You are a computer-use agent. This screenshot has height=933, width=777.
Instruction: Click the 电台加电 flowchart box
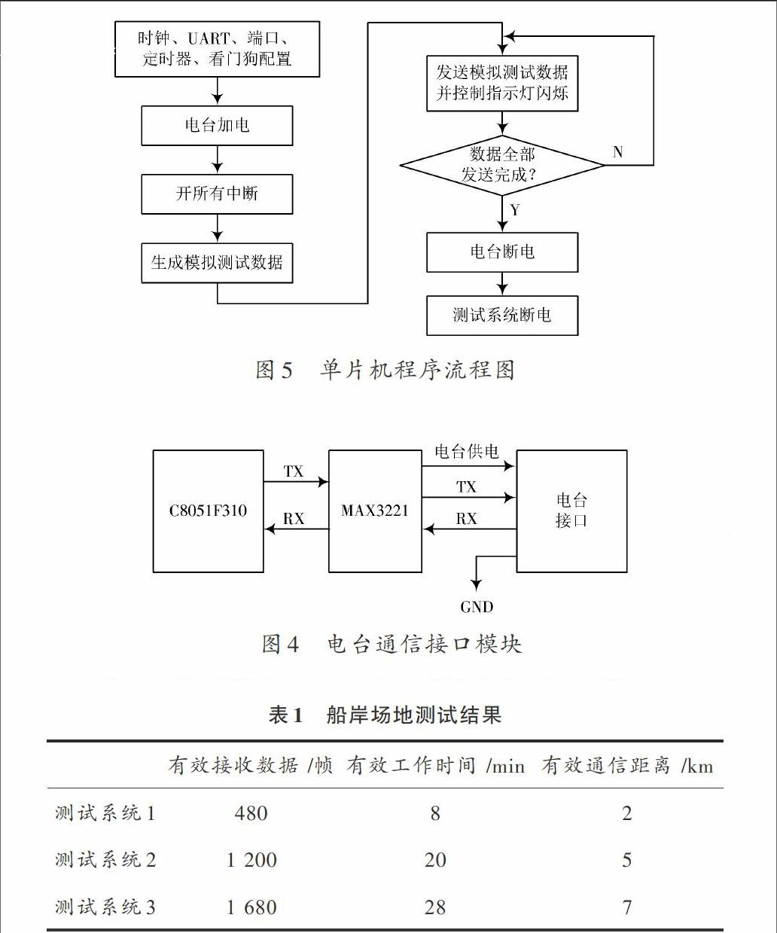pos(217,126)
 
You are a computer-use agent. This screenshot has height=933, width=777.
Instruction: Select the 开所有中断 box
pos(217,194)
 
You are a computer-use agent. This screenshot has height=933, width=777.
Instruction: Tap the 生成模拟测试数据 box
pos(217,263)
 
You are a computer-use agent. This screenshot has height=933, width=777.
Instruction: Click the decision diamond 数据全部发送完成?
pos(502,166)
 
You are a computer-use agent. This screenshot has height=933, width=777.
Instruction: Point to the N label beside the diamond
pos(617,152)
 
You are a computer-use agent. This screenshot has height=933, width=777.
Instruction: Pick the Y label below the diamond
pos(515,210)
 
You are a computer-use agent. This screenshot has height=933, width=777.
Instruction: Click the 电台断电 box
pos(502,252)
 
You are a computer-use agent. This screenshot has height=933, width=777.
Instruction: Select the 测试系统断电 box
pos(502,316)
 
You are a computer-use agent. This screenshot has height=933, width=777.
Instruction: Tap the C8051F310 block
pos(209,511)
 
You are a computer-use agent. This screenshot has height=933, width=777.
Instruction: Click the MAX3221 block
pos(375,511)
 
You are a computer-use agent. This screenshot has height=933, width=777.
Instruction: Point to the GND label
pos(477,607)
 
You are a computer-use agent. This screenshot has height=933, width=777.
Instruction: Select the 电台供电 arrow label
pos(467,451)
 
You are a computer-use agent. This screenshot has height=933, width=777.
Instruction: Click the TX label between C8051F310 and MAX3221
pos(293,471)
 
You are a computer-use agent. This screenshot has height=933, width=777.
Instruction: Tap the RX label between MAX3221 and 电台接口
pos(467,519)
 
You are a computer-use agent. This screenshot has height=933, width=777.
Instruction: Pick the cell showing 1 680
pos(251,907)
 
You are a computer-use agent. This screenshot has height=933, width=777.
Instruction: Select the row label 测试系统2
pos(105,860)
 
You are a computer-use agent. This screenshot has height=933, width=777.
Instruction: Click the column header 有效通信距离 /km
pos(627,765)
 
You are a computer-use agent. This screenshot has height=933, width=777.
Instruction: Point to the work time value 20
pos(435,860)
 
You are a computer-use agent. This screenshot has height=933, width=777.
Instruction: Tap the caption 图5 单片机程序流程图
pos(385,370)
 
